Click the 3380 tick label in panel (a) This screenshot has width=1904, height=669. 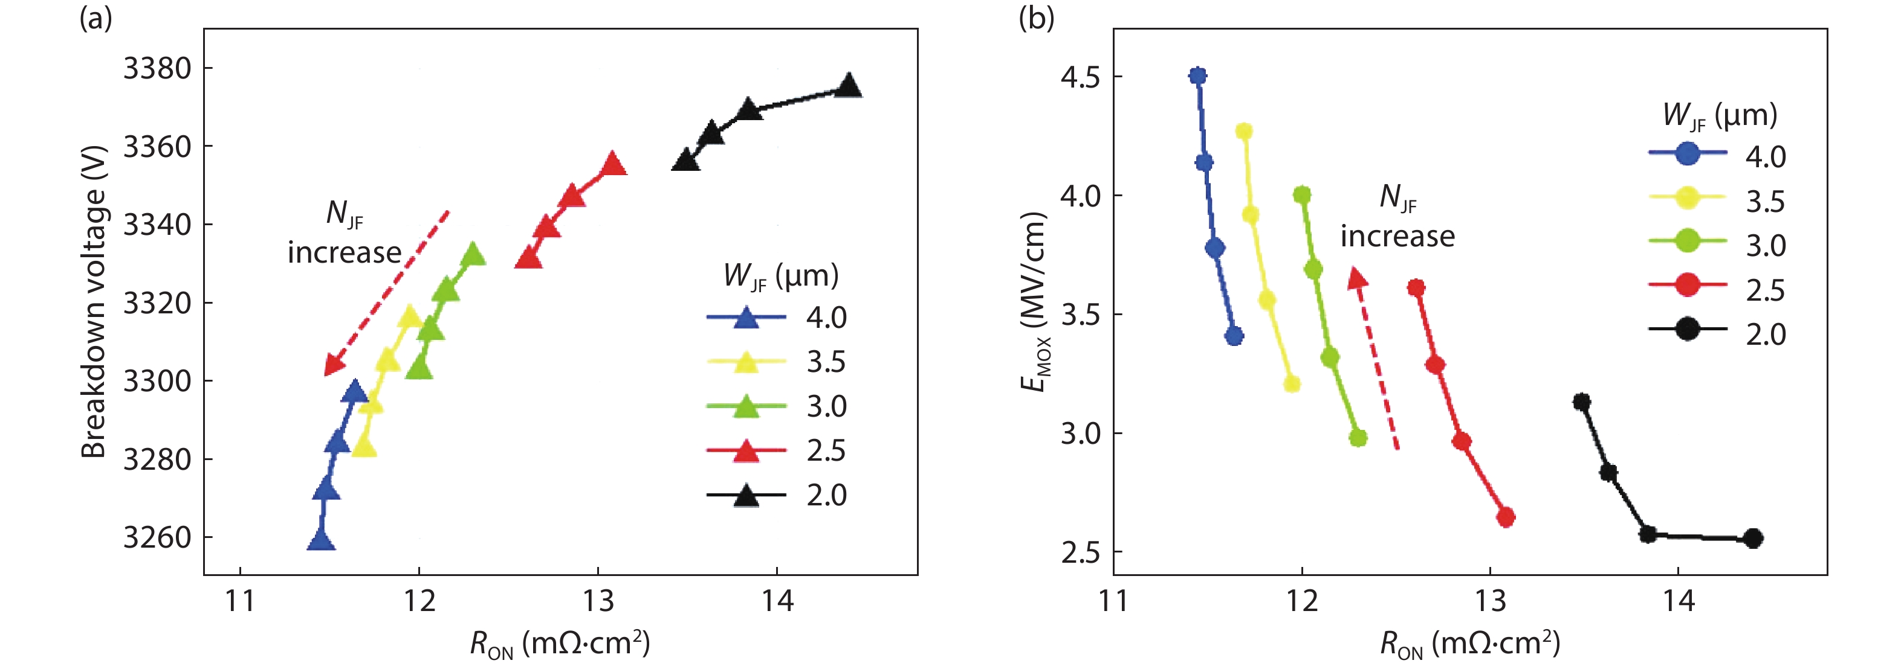point(157,69)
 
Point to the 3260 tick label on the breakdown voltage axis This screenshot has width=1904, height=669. point(157,537)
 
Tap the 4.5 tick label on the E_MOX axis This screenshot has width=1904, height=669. point(1080,77)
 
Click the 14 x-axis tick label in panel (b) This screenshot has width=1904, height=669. point(1678,601)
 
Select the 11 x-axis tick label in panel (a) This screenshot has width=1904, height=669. point(240,601)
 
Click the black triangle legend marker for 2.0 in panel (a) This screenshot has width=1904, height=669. point(746,496)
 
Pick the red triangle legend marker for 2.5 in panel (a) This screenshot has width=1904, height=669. point(746,450)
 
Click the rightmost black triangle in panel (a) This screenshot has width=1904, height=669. point(849,86)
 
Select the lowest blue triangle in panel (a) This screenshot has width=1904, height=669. point(321,540)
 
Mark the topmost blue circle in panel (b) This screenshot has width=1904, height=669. point(1198,76)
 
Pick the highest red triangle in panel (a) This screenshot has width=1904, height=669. point(613,164)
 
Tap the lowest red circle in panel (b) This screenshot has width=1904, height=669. point(1506,517)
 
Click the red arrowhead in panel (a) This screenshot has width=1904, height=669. point(333,365)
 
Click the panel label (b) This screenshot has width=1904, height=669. point(1036,18)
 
